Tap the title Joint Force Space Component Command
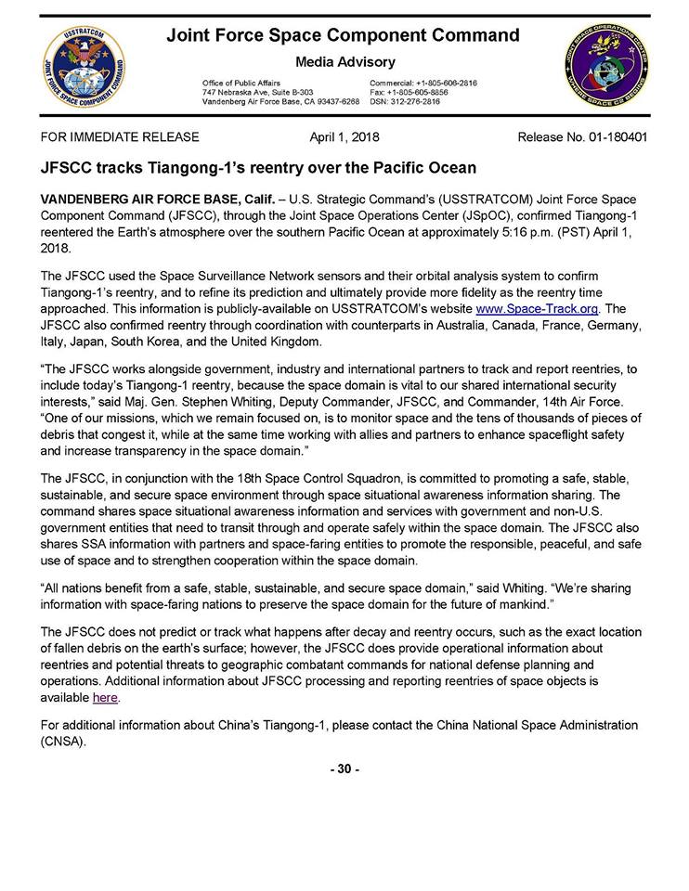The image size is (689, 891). click(x=343, y=35)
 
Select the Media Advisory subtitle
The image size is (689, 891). click(x=345, y=62)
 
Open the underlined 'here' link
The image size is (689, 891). click(x=106, y=698)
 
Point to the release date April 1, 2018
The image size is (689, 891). click(x=344, y=137)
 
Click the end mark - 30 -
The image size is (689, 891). click(x=344, y=768)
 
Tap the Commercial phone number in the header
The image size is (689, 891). click(x=423, y=84)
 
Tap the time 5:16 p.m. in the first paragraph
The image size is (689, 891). click(x=518, y=233)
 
